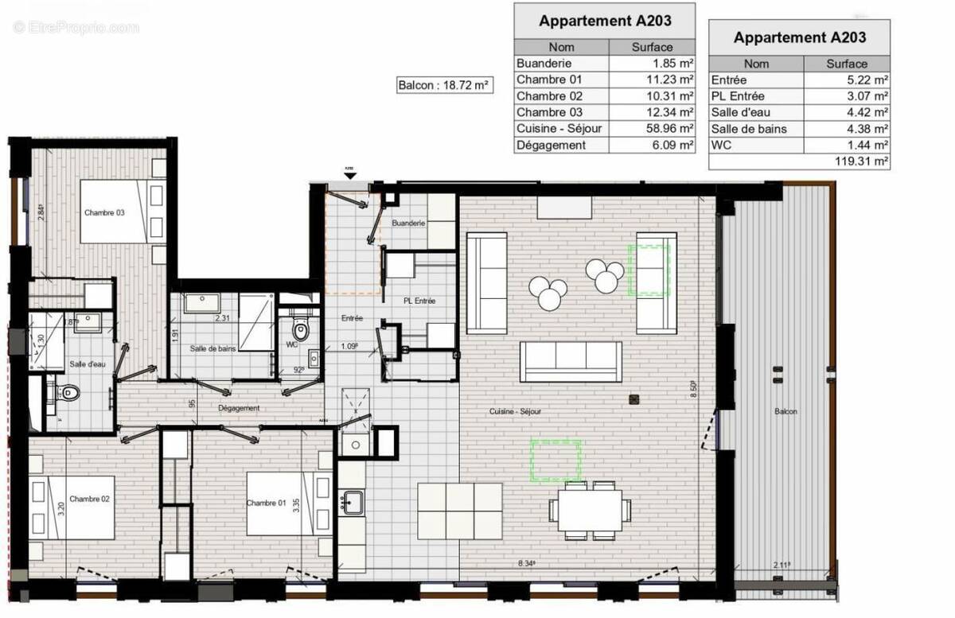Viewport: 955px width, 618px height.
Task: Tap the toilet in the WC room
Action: (x=300, y=328)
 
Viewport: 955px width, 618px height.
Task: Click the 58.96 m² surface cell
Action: (x=652, y=129)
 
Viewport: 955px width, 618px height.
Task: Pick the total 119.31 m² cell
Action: (x=847, y=161)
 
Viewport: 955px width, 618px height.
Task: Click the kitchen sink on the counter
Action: (x=351, y=502)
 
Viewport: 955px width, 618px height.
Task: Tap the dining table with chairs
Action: (x=590, y=510)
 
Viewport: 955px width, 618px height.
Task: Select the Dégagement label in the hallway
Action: (x=239, y=408)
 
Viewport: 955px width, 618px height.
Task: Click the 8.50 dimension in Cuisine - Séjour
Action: (x=694, y=389)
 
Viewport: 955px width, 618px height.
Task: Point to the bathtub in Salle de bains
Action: (x=256, y=322)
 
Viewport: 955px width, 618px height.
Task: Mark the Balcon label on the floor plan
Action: (x=785, y=411)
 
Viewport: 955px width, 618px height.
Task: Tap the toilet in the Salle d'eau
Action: (x=68, y=392)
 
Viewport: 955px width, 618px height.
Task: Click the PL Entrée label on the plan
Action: (x=419, y=301)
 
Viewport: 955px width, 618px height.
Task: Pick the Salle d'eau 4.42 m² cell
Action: (x=847, y=112)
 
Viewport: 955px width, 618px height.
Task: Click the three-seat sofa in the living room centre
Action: (x=571, y=362)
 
